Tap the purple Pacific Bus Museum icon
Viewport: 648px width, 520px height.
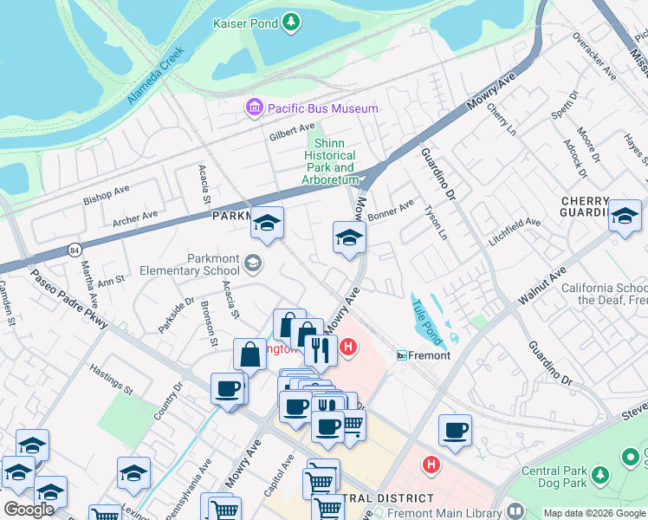tap(255, 108)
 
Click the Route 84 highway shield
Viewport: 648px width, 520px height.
tap(75, 250)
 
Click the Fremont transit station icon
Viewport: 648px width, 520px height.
tap(402, 355)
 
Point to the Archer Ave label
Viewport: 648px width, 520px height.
tap(135, 217)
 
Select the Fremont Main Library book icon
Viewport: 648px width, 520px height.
tap(515, 511)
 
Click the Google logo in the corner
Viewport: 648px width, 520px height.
tap(29, 510)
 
